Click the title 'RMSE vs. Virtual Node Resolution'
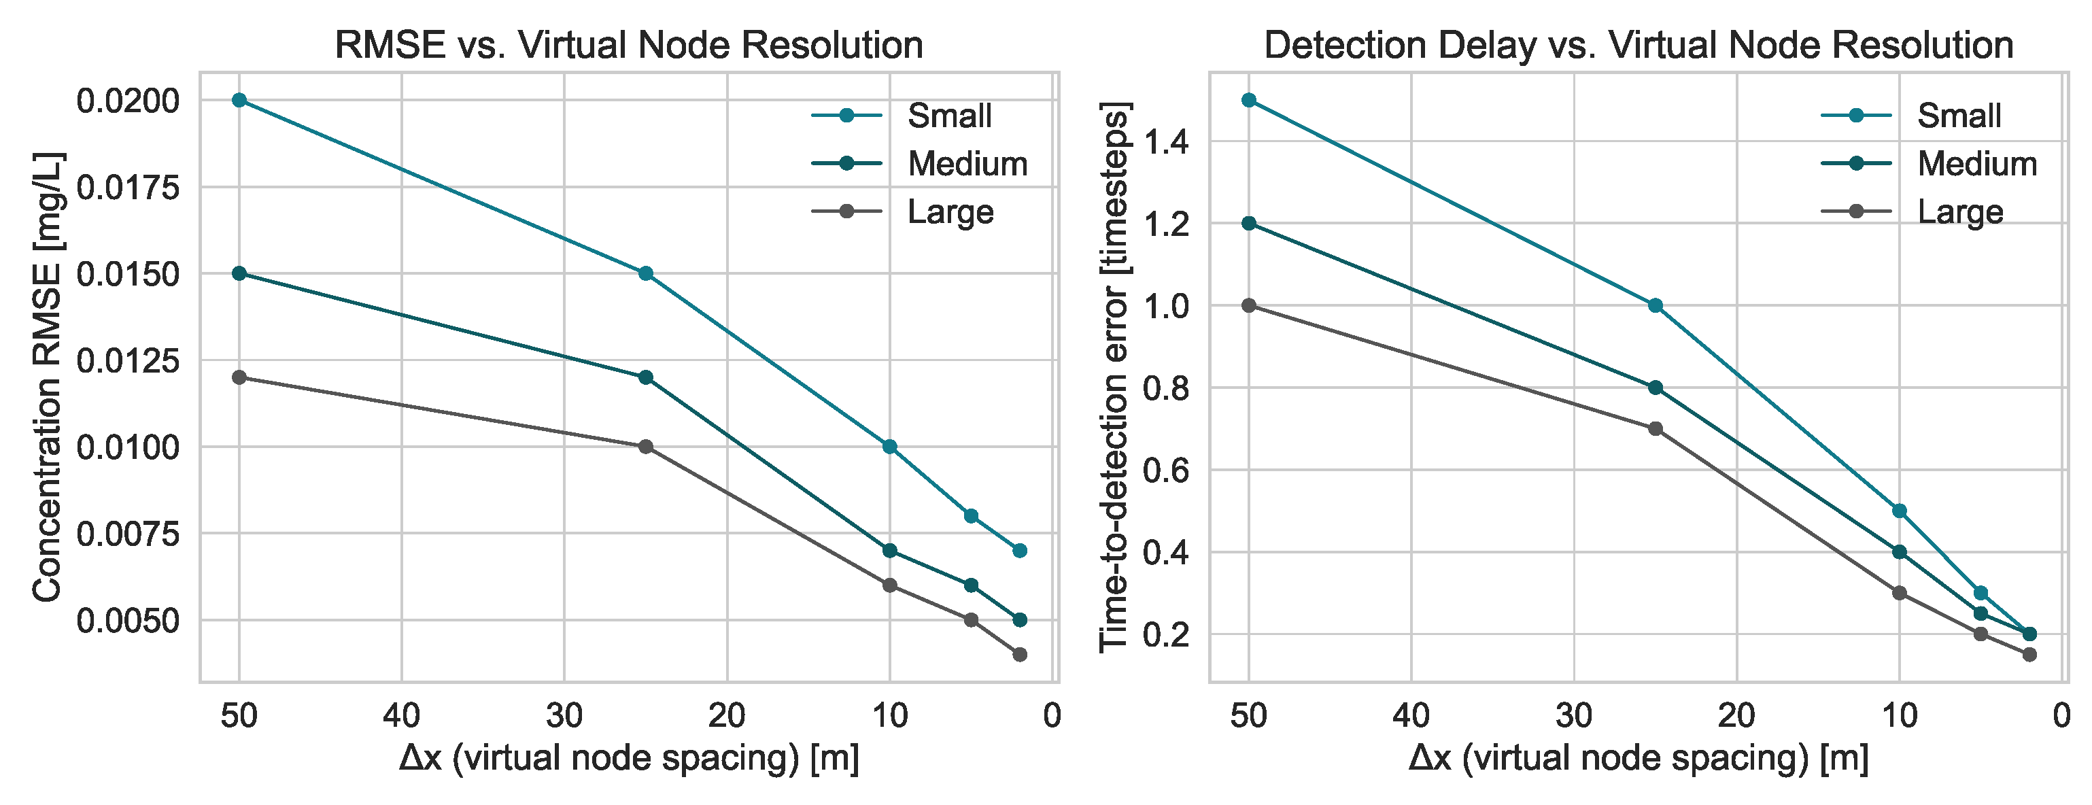point(629,45)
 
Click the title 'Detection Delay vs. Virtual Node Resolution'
point(1639,45)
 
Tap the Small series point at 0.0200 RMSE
point(239,100)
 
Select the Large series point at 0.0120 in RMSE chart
point(239,377)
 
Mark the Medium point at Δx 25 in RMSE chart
point(646,377)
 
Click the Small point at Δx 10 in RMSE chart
point(889,447)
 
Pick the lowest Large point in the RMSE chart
point(1020,655)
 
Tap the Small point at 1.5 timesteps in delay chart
point(1249,100)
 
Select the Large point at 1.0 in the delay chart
point(1249,305)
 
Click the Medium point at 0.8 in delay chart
point(1655,388)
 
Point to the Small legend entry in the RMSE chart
point(902,116)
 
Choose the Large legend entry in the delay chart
point(1912,212)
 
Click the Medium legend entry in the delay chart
point(1929,164)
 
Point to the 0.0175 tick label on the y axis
point(128,188)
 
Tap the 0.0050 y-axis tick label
point(128,621)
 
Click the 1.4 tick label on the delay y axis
point(1166,143)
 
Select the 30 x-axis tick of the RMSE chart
point(564,716)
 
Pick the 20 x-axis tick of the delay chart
point(1737,716)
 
